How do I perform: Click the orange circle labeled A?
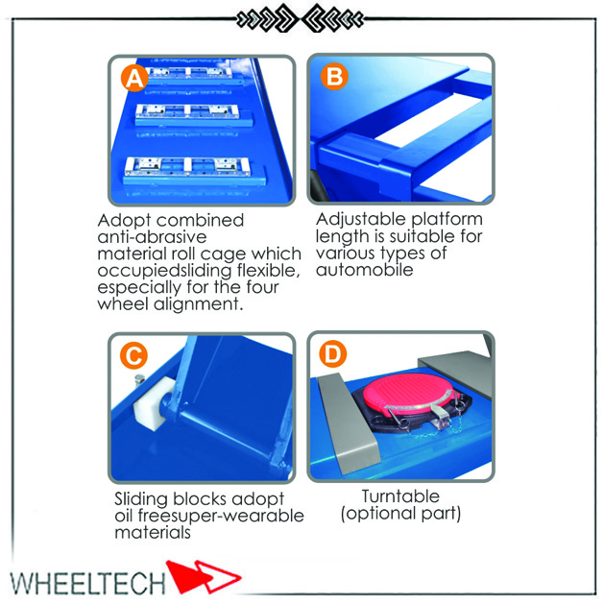pos(134,78)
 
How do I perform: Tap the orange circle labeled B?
pos(334,76)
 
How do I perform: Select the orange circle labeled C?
pos(133,354)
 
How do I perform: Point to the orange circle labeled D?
pos(333,353)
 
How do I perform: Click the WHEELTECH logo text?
pos(87,583)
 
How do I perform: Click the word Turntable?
pos(400,496)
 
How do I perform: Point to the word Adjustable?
pos(361,220)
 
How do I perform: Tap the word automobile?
pos(364,270)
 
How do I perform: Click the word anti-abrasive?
pos(152,237)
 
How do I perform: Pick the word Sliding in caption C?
pos(142,499)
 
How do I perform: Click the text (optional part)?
pos(400,514)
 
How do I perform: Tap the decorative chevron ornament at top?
pos(300,17)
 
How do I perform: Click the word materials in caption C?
pos(153,533)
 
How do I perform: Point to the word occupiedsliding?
pos(164,272)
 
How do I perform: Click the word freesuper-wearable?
pos(221,517)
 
